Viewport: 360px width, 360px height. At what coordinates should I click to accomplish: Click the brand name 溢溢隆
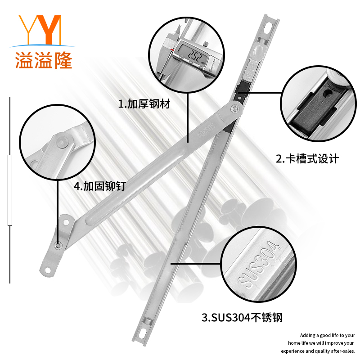[43, 59]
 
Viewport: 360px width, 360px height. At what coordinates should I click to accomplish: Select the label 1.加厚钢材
[144, 104]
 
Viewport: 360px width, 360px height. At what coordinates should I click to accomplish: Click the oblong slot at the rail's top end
[268, 28]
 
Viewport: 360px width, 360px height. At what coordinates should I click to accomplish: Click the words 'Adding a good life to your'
[327, 335]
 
